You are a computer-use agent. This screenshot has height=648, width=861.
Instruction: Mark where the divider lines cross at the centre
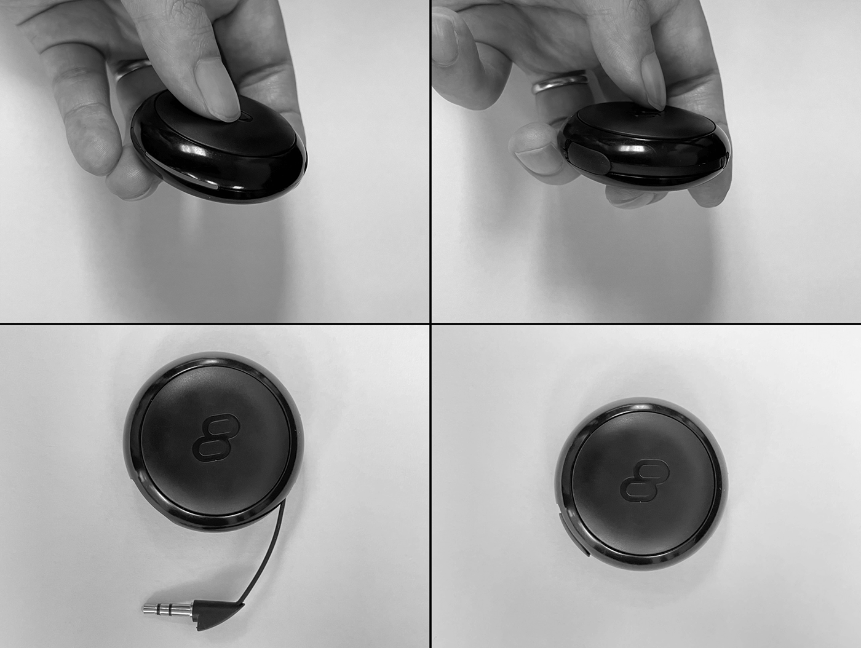coord(430,323)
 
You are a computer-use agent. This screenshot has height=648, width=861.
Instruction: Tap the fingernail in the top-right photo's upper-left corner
coord(446,40)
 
